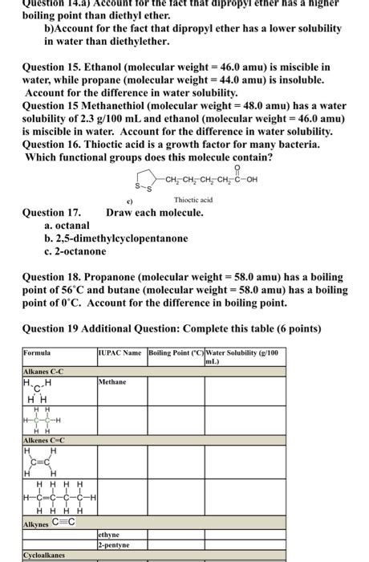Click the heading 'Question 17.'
pos(52,213)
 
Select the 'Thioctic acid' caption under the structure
pos(193,200)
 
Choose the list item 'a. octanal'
pos(68,226)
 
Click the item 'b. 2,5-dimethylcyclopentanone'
pos(116,238)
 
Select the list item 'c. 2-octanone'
pos(75,251)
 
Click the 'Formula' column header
pos(37,352)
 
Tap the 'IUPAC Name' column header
pos(120,352)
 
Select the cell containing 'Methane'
pos(112,382)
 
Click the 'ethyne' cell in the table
pos(109,533)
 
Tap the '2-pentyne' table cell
pos(113,544)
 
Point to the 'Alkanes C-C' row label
pos(44,370)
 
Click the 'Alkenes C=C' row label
pos(45,441)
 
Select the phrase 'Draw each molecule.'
pos(155,213)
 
